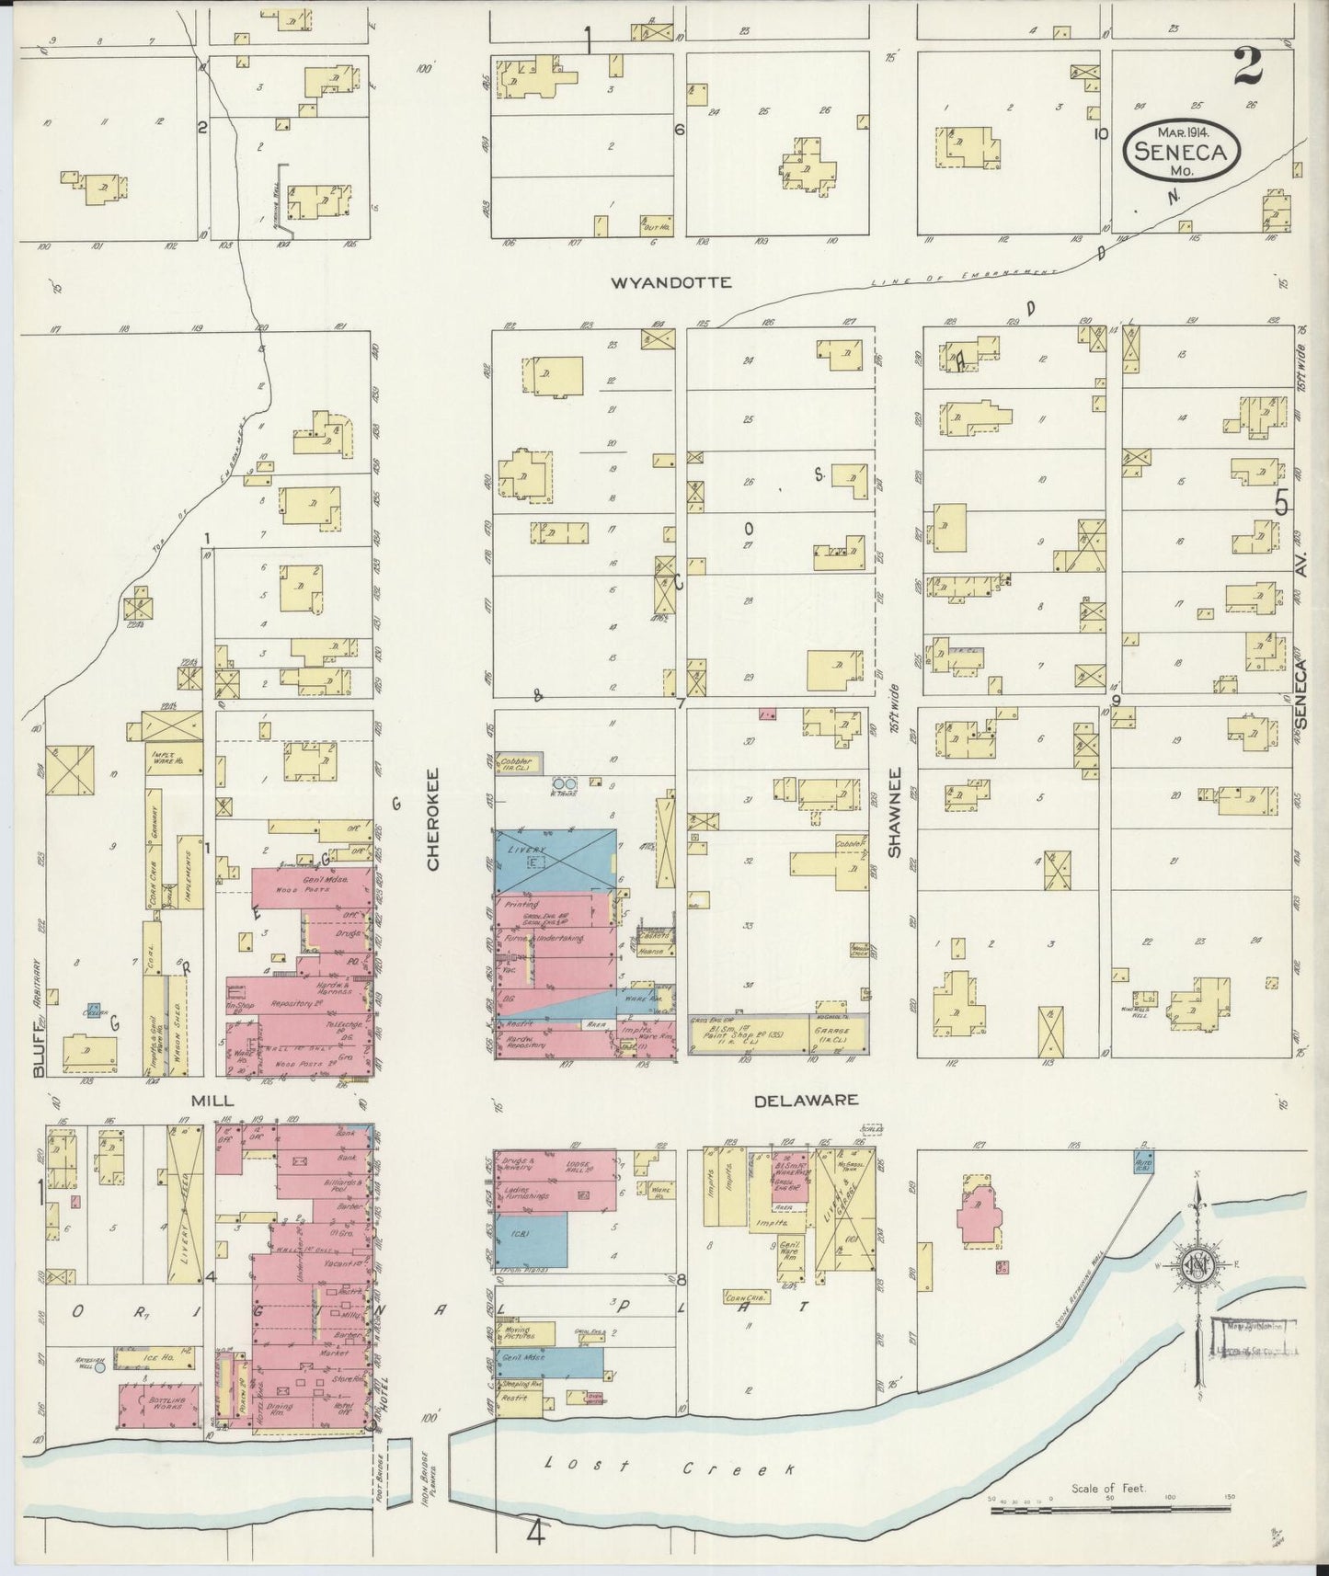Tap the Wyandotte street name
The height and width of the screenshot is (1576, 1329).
(671, 283)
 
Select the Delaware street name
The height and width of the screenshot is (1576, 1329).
(806, 1100)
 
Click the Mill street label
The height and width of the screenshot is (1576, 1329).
(212, 1100)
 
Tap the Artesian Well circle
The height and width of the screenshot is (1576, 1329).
(100, 1366)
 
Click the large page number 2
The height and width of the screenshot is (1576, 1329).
(1247, 70)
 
